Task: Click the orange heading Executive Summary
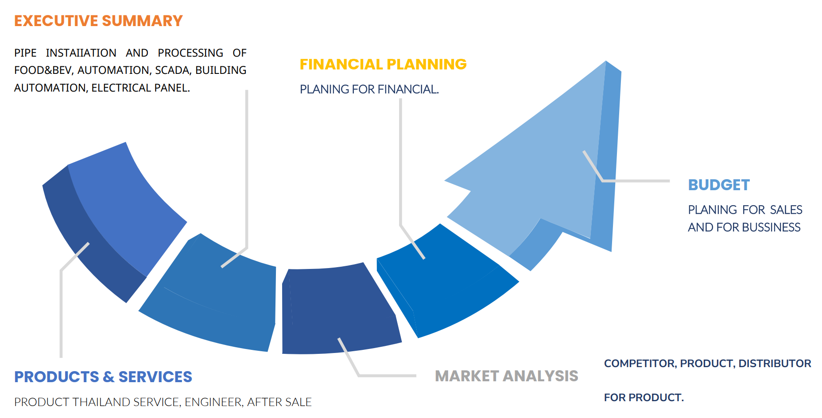(98, 21)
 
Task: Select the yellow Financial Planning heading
(383, 64)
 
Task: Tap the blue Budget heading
(719, 185)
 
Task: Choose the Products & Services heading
(103, 377)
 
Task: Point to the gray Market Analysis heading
(507, 376)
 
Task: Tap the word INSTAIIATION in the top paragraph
(81, 53)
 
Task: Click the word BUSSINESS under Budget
(772, 227)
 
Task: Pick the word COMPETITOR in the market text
(640, 364)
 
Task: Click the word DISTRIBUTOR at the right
(775, 364)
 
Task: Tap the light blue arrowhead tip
(606, 61)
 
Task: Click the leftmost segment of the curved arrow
(111, 221)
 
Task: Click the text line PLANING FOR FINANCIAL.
(369, 89)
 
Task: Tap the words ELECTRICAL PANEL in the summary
(141, 88)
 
